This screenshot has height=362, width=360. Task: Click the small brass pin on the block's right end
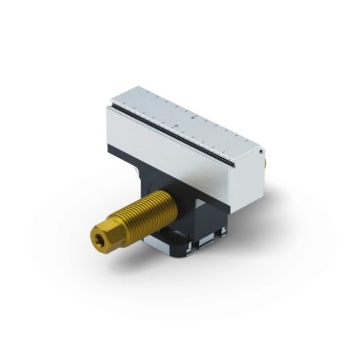[264, 165]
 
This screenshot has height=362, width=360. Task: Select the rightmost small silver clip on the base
[222, 233]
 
